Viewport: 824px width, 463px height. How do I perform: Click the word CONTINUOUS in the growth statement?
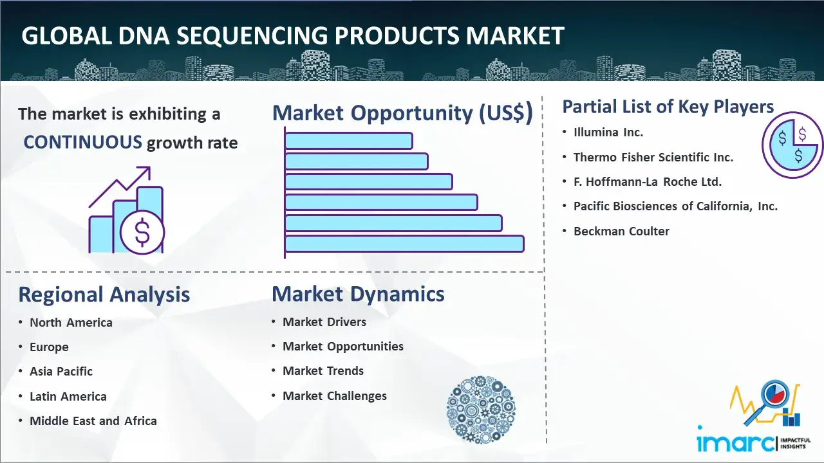click(x=82, y=142)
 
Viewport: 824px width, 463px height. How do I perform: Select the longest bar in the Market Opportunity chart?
click(x=404, y=244)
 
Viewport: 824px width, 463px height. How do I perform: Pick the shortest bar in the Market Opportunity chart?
click(x=348, y=141)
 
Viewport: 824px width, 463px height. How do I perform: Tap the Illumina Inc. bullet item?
click(x=608, y=132)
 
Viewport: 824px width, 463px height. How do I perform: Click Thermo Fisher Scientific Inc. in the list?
click(x=653, y=158)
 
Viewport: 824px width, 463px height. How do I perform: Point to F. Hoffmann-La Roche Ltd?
click(x=648, y=181)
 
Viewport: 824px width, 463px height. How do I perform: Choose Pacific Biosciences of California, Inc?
click(x=675, y=206)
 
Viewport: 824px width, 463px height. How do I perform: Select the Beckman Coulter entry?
click(x=621, y=231)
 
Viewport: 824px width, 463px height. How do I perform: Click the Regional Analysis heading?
click(x=104, y=295)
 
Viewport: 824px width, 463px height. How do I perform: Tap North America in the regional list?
click(x=71, y=323)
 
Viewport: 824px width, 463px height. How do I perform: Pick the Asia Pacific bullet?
click(x=61, y=372)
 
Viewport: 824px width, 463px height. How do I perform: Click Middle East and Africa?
click(x=93, y=421)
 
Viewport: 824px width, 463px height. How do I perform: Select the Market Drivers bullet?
click(x=324, y=322)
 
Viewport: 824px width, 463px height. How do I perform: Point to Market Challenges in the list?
click(x=334, y=395)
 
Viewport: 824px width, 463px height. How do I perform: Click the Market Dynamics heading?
click(x=358, y=294)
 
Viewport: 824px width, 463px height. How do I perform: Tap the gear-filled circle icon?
click(x=481, y=410)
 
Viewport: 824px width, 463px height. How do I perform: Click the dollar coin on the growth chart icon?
click(x=142, y=233)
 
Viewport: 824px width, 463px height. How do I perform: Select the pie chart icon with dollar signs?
click(x=792, y=145)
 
